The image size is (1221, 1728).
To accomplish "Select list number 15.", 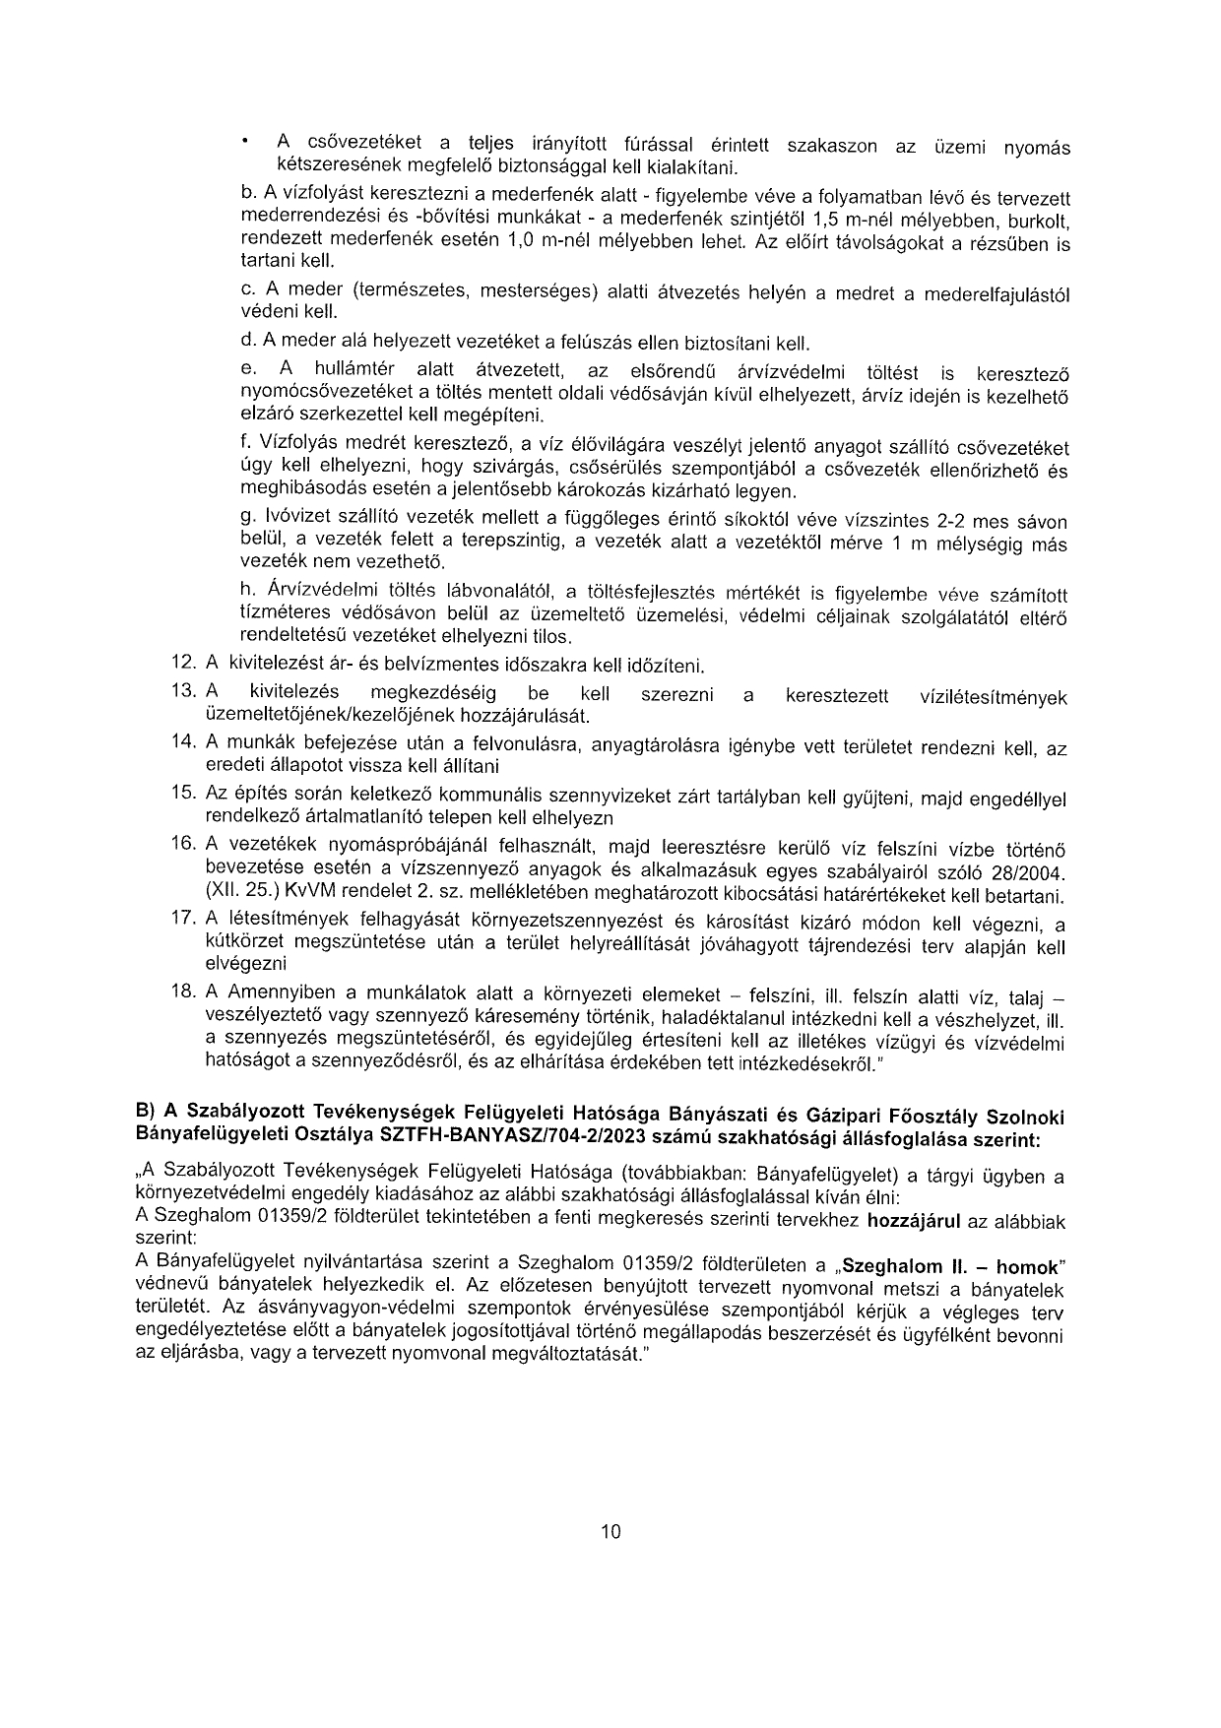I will pyautogui.click(x=182, y=793).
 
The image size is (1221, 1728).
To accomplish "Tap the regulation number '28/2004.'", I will pyautogui.click(x=1032, y=875).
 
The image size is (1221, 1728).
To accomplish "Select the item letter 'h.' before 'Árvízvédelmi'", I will pyautogui.click(x=247, y=589).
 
